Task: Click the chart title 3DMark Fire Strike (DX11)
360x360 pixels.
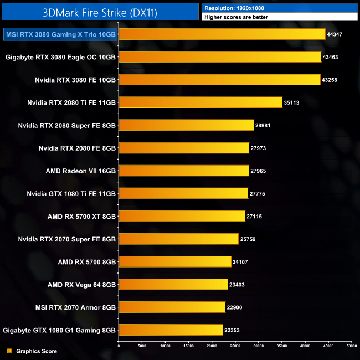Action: tap(100, 12)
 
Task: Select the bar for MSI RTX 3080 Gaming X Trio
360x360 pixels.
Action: tap(222, 34)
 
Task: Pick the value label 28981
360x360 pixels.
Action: tap(263, 125)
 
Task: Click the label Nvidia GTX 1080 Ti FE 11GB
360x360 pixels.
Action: tap(71, 193)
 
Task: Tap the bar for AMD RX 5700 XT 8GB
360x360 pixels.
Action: tap(182, 216)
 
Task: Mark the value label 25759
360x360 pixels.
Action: tap(248, 239)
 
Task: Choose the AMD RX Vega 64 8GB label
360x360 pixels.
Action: tap(81, 285)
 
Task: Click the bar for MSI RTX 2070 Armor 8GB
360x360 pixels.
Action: tap(172, 307)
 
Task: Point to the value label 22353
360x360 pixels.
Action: tap(232, 330)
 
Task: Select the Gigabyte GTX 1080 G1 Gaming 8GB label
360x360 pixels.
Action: tap(59, 330)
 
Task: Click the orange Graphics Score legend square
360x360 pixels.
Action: tap(9, 351)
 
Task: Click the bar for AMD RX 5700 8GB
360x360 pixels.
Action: tap(175, 261)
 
